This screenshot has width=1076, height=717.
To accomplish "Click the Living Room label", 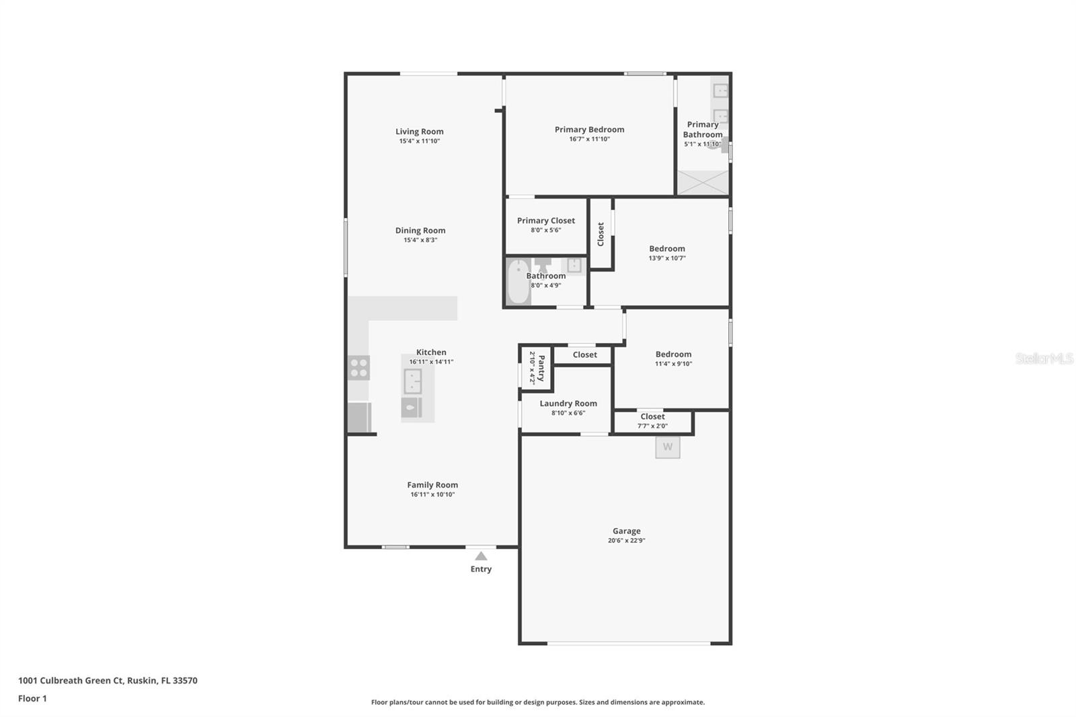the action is pyautogui.click(x=420, y=132).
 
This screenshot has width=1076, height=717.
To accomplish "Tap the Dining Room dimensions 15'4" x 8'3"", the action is pyautogui.click(x=420, y=240).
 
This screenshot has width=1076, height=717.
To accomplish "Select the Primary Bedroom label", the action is pyautogui.click(x=589, y=130).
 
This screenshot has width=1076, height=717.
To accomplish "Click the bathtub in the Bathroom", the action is pyautogui.click(x=518, y=282).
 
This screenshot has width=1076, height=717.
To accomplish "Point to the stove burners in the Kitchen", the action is pyautogui.click(x=359, y=368).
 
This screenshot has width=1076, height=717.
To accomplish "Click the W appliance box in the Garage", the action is pyautogui.click(x=668, y=447).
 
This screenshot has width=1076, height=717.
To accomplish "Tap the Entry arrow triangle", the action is pyautogui.click(x=481, y=556).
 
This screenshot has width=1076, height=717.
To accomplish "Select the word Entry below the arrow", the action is pyautogui.click(x=481, y=569).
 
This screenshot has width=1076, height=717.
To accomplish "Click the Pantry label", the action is pyautogui.click(x=541, y=368).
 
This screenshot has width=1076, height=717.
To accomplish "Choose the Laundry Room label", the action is pyautogui.click(x=568, y=404).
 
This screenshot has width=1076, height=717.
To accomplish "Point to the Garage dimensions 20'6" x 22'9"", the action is pyautogui.click(x=626, y=541).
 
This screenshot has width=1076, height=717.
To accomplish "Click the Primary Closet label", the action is pyautogui.click(x=545, y=221).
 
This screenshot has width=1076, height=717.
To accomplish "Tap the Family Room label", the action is pyautogui.click(x=432, y=485).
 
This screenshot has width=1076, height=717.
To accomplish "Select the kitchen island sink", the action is pyautogui.click(x=413, y=381).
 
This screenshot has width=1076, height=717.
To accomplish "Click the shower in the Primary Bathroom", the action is pyautogui.click(x=703, y=183).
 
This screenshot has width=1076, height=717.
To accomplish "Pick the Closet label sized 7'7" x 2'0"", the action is pyautogui.click(x=652, y=416).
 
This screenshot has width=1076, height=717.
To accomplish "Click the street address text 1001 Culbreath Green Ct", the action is pyautogui.click(x=71, y=681).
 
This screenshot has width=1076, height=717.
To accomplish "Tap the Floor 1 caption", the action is pyautogui.click(x=32, y=699).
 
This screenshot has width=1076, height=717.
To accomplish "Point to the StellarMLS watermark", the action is pyautogui.click(x=1044, y=358).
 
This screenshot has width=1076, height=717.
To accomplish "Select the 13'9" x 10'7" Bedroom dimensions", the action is pyautogui.click(x=666, y=258).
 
